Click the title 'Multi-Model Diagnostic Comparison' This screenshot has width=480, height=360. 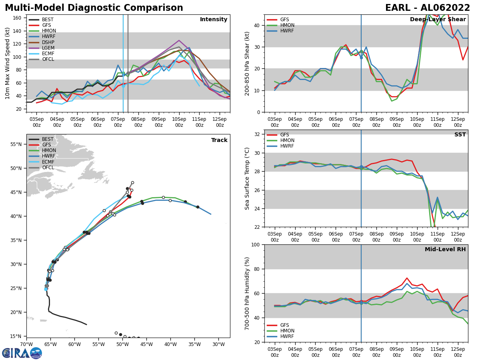(94, 8)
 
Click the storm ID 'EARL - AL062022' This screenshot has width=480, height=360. (428, 8)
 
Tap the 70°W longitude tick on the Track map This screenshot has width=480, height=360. (26, 344)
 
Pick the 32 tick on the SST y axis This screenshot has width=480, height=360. (257, 134)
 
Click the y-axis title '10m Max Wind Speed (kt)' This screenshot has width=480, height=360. (7, 63)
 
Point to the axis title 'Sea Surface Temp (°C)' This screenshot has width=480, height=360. (247, 178)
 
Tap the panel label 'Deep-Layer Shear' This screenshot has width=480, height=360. (438, 20)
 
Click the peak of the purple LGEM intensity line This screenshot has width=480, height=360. (179, 40)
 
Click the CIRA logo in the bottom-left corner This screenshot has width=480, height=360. (22, 353)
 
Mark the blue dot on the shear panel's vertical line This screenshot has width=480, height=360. (361, 58)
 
